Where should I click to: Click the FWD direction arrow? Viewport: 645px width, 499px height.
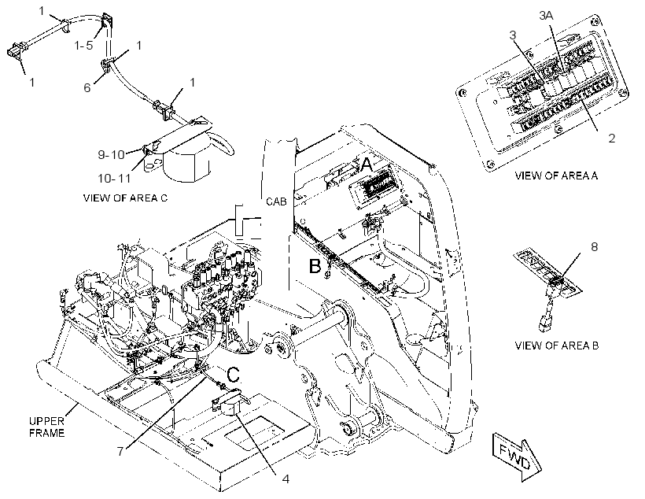pos(517,456)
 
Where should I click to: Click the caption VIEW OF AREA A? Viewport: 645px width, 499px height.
pos(556,176)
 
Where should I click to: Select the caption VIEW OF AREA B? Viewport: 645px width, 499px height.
pos(557,346)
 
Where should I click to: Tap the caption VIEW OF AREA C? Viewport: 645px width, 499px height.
pos(126,198)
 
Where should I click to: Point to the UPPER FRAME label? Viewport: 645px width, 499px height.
pos(46,427)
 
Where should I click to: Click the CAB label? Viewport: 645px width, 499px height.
pos(276,201)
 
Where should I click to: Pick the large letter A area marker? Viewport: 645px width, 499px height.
pos(366,165)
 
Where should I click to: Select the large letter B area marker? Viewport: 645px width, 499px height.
pos(315,266)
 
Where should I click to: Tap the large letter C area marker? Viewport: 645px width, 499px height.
pos(234,375)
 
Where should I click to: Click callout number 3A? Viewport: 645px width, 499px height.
pos(546,16)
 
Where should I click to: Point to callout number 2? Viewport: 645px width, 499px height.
pos(612,139)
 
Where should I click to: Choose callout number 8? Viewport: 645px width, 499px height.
pos(594,246)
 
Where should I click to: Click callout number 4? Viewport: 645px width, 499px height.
pos(286,479)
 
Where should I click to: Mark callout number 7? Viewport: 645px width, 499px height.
pos(120,452)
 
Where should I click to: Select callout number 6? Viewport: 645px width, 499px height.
pos(87,87)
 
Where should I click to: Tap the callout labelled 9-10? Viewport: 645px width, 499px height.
pos(111,155)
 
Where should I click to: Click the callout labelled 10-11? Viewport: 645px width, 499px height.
pos(114,179)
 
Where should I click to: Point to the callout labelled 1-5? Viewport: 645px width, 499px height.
pos(84,46)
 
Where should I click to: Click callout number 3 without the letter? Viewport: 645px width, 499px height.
pos(512,35)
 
